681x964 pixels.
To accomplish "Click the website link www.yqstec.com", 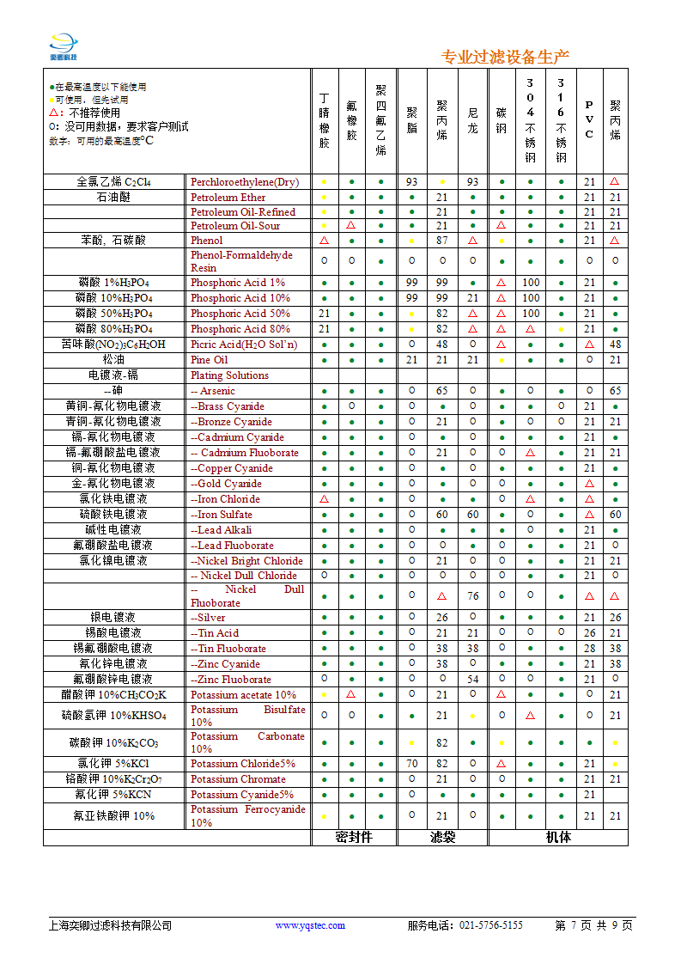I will point(310,925).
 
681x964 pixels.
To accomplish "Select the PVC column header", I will point(589,121).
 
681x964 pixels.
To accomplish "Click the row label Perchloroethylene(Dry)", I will point(245,182).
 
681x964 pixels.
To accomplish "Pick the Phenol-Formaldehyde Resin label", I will point(241,261).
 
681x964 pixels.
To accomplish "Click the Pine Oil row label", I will point(210,360).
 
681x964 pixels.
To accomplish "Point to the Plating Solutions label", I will point(229,375).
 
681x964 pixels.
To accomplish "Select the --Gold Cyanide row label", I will point(226,484).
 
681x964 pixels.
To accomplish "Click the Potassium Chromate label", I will point(238,779).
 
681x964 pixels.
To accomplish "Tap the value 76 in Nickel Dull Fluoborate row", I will point(473,596).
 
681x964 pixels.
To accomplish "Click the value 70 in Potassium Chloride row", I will point(412,764).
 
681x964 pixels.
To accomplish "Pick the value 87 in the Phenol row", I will point(442,241).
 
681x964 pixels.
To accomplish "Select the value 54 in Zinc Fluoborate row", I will point(473,680).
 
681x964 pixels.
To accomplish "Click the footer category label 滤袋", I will point(442,837).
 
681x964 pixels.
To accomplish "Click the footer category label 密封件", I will point(354,837).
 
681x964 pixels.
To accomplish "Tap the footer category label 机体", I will point(558,837).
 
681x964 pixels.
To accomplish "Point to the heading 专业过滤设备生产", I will point(505,58).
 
